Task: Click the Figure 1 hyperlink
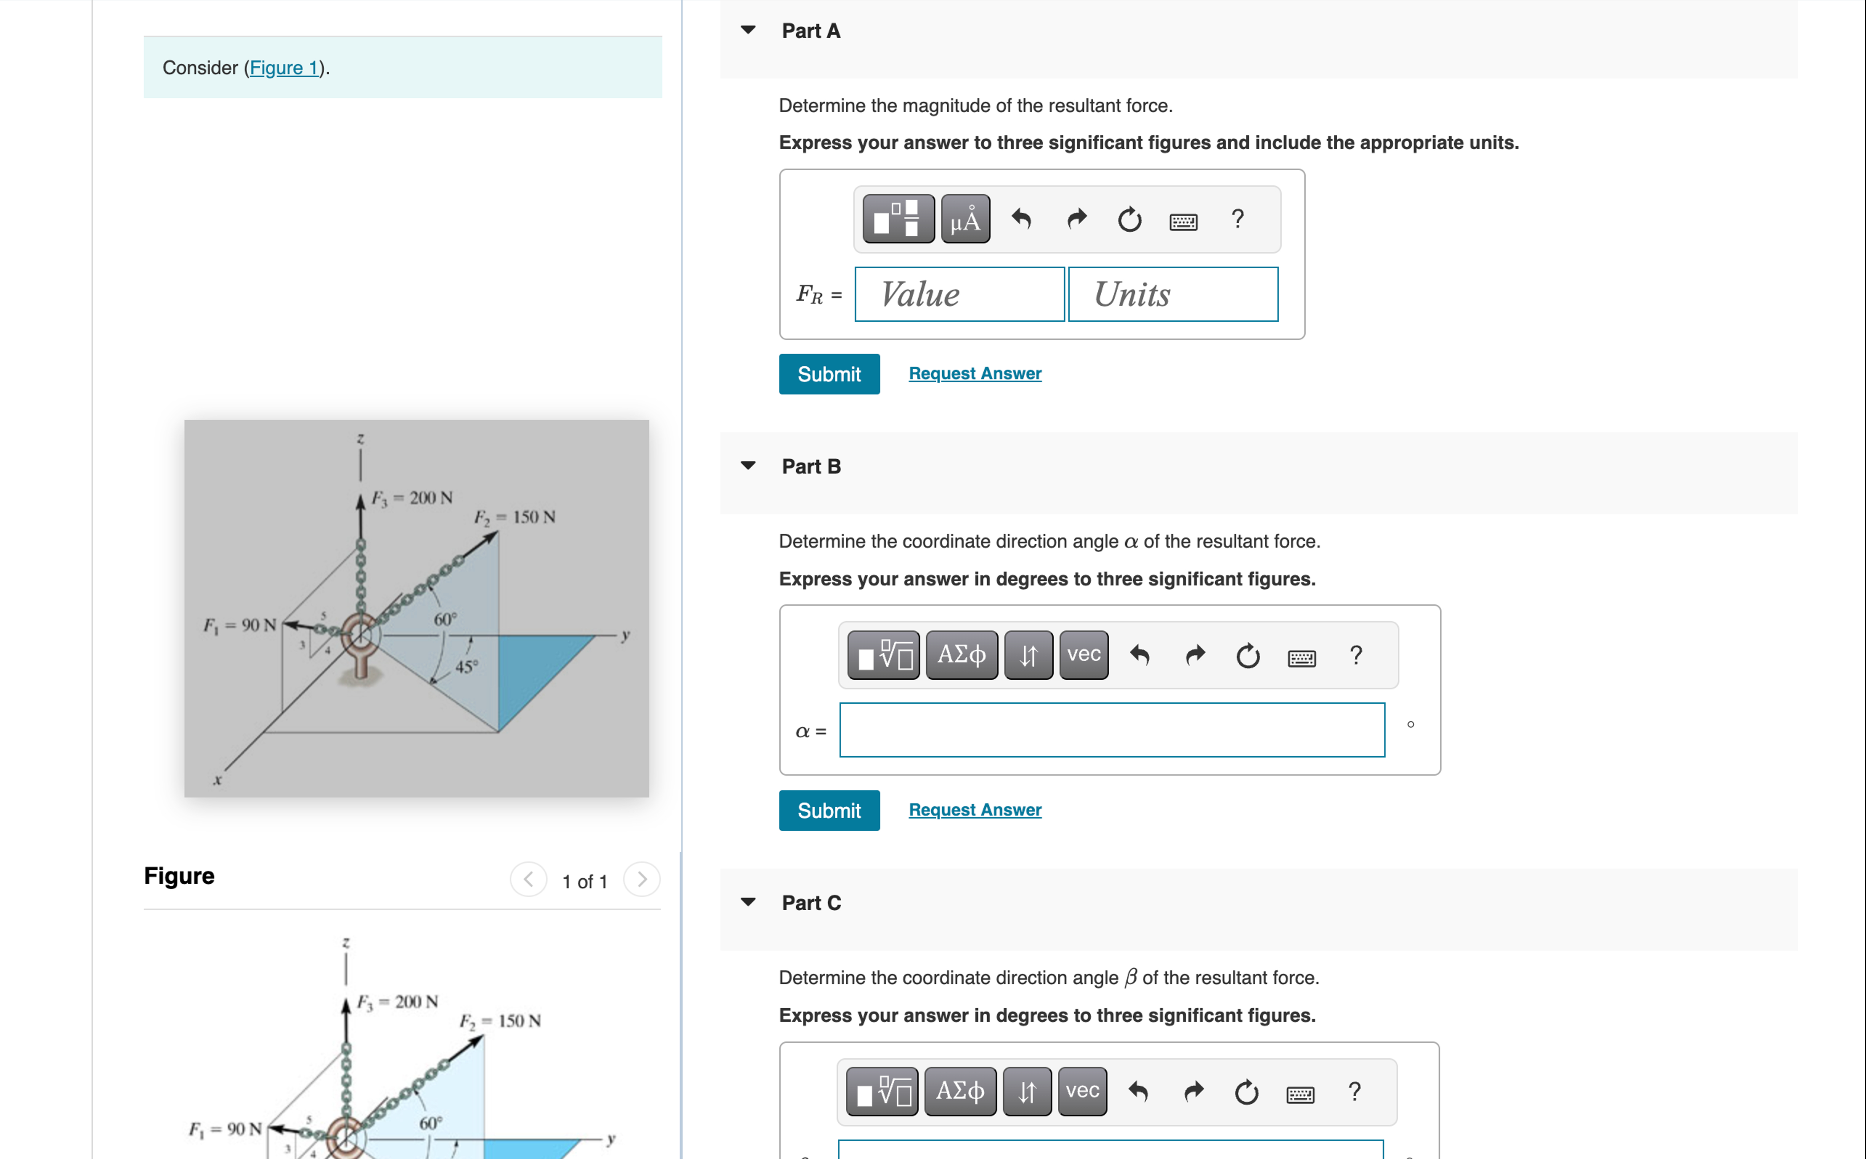tap(284, 68)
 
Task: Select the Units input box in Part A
tap(1172, 294)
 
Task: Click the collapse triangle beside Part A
tap(748, 30)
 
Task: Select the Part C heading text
tap(811, 903)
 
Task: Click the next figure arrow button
tap(641, 879)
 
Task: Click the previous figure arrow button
tap(528, 879)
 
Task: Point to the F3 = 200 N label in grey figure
tap(412, 498)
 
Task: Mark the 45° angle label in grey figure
tap(466, 666)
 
